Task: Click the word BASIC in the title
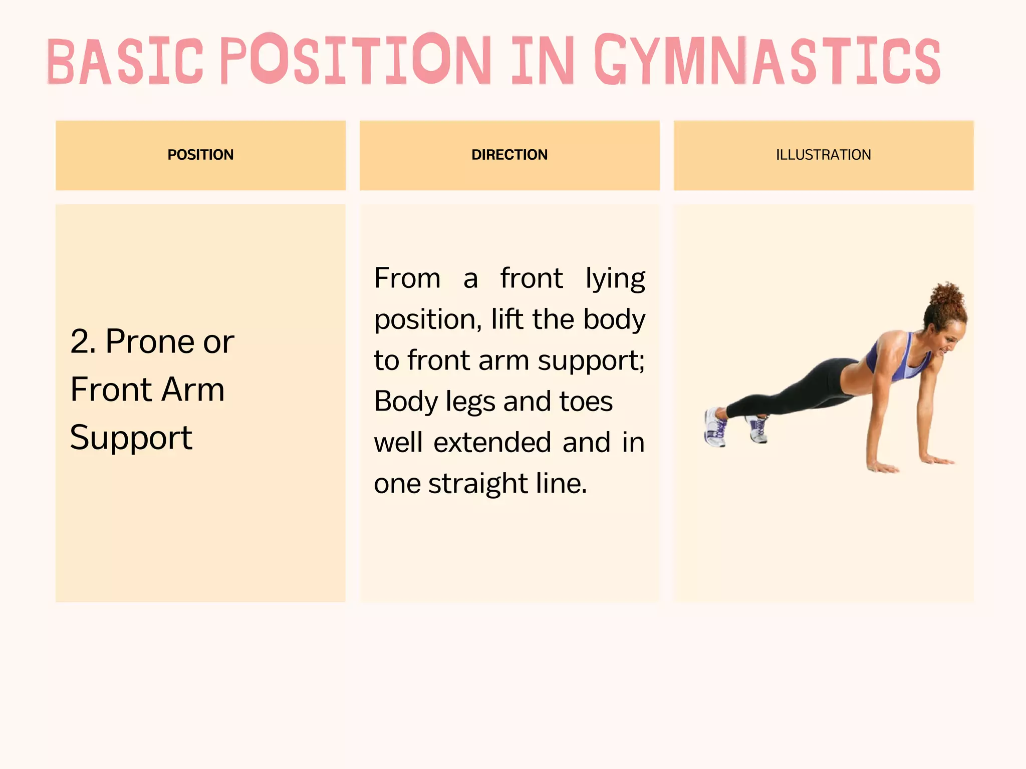(x=125, y=61)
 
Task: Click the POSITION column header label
(x=200, y=155)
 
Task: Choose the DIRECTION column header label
(x=509, y=155)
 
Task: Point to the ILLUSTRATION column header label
(x=823, y=155)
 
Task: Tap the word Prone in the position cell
(x=150, y=342)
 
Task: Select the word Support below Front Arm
(x=131, y=438)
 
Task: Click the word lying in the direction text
(x=615, y=279)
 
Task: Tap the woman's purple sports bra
(x=902, y=359)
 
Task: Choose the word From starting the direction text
(x=407, y=278)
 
